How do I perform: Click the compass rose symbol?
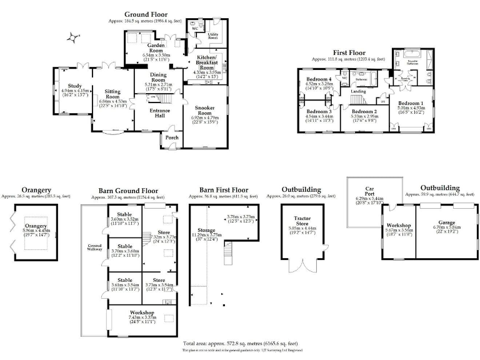pos(74,39)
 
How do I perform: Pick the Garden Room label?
pos(156,49)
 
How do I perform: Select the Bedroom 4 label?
pos(319,79)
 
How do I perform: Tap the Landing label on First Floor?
pos(358,91)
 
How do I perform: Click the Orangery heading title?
pos(36,189)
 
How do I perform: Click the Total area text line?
pos(240,344)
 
